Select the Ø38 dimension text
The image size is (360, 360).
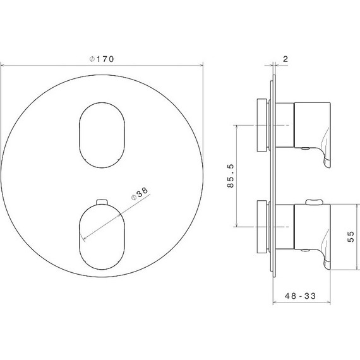tap(140, 193)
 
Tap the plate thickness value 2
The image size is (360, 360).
tap(286, 59)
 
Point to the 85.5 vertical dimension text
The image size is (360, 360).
tap(231, 175)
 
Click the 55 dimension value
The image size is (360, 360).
tap(352, 237)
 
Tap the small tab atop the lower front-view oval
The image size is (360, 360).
tap(100, 201)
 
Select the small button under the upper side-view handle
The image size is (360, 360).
tap(306, 149)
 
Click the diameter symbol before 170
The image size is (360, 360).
tap(92, 59)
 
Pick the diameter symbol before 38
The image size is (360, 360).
tap(133, 198)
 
